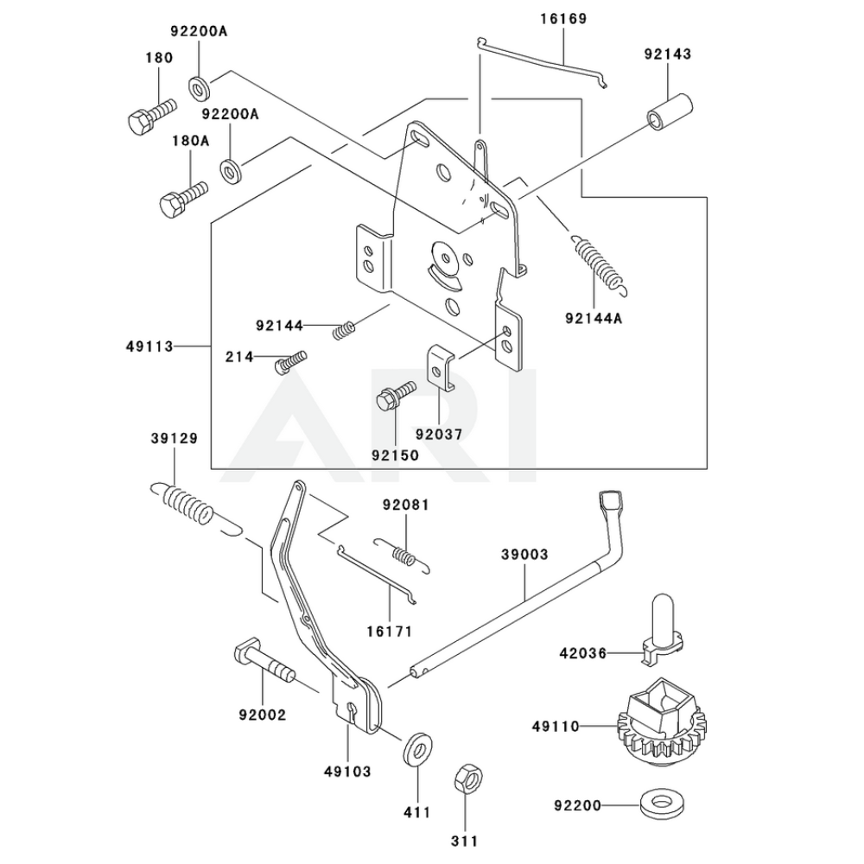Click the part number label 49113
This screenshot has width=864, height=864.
pos(149,346)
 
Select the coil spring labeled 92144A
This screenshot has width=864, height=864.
pos(599,260)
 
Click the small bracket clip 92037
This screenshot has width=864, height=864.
pos(441,366)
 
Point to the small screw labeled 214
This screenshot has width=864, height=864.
pos(291,360)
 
